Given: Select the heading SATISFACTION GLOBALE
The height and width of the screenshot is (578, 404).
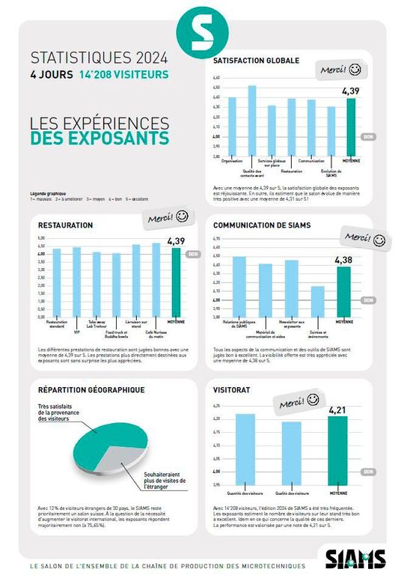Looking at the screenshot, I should coord(256,60).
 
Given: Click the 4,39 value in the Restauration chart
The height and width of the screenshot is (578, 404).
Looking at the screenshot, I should coord(176,241).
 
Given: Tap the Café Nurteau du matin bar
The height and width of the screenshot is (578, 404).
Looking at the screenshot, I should coord(156,279).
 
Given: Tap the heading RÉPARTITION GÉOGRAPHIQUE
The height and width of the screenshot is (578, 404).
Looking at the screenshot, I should coord(91,389).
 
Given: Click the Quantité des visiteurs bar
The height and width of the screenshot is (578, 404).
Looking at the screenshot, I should coord(245,449).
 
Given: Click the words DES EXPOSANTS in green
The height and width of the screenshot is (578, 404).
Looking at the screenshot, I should coord(100,139).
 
